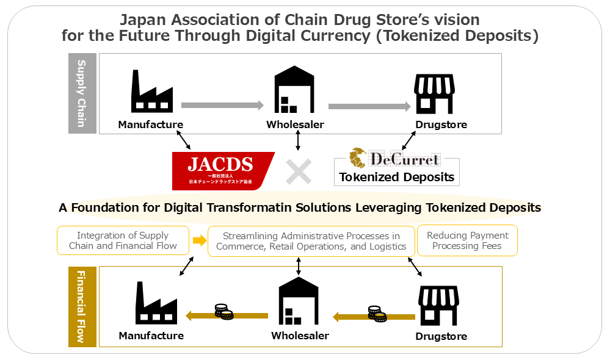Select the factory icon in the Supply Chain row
click(x=150, y=91)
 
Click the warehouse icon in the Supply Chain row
click(x=294, y=90)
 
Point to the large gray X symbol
click(x=299, y=171)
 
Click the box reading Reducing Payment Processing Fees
click(x=467, y=240)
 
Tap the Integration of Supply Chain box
click(x=123, y=240)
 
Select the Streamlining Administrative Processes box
click(x=311, y=241)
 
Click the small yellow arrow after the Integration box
click(x=199, y=240)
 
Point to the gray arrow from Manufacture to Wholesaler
click(x=222, y=105)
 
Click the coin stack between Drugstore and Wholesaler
click(x=377, y=314)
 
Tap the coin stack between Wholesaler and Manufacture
click(x=224, y=312)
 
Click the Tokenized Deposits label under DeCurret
click(x=397, y=177)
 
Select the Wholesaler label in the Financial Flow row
click(x=300, y=336)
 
